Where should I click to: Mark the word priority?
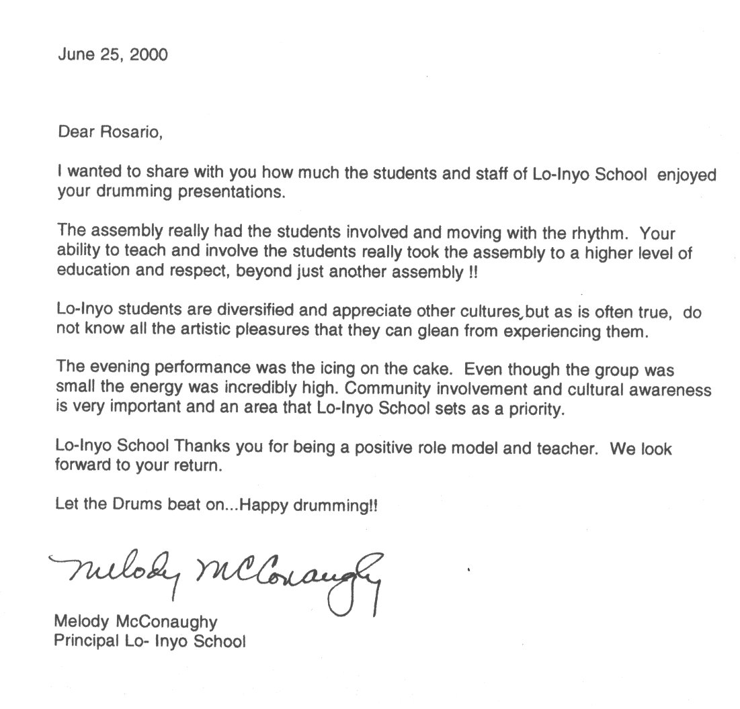pos(530,410)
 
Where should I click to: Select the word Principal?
pos(81,640)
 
